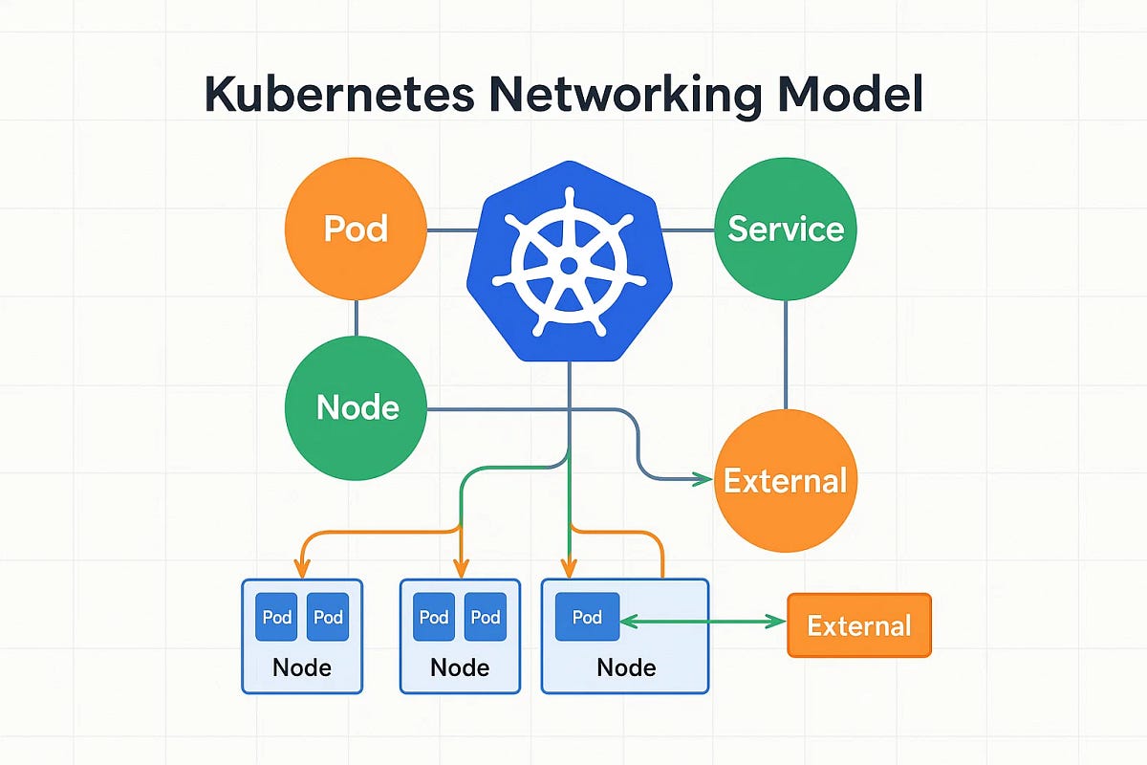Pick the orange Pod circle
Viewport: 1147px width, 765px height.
pos(356,229)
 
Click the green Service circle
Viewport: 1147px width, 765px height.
pos(786,229)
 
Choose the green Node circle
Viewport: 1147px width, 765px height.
pos(356,407)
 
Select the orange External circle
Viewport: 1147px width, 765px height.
pos(786,480)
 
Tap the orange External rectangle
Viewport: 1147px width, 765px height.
pos(858,625)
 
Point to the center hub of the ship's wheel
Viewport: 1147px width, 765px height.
pos(569,265)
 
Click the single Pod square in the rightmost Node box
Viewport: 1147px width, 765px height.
pos(587,617)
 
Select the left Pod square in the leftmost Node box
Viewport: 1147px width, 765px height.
pos(277,617)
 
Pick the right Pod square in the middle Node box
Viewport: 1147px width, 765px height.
pos(486,617)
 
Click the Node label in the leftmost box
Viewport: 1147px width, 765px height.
pos(302,667)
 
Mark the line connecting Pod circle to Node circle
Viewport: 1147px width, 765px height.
pos(356,318)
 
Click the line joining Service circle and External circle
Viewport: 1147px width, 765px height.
pos(786,354)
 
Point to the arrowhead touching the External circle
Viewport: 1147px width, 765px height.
pos(706,479)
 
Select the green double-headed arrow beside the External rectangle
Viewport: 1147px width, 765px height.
pos(703,622)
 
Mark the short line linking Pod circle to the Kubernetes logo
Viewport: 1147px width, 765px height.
pos(451,229)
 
